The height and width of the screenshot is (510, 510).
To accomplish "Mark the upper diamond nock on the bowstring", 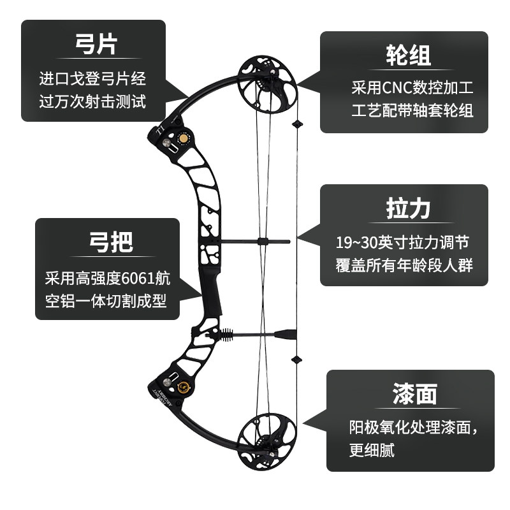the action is click(x=296, y=123).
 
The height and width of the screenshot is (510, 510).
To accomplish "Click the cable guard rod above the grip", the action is click(x=255, y=242).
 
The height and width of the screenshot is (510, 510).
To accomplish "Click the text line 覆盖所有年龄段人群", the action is click(x=404, y=265).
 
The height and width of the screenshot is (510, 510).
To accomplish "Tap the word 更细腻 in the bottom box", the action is click(x=372, y=450).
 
